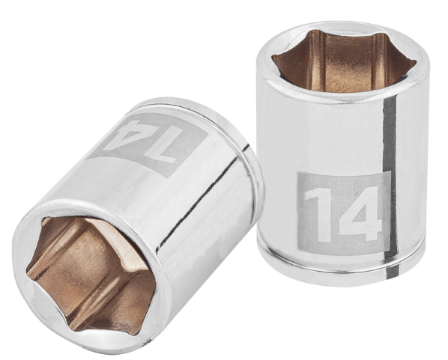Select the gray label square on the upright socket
[x=344, y=213]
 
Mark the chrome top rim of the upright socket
[x=343, y=61]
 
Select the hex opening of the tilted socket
[x=91, y=275]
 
